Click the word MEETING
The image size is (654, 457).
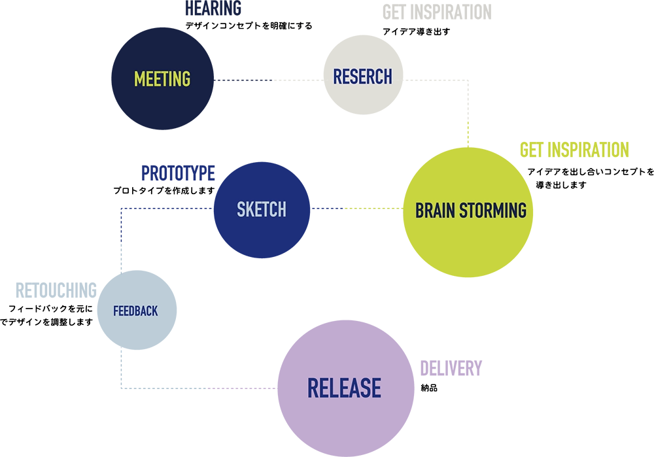[x=162, y=79]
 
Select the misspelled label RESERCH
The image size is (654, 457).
[x=362, y=77]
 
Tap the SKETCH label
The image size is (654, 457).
[x=262, y=210]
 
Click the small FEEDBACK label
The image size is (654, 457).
[x=135, y=311]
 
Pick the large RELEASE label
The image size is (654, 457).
[x=344, y=388]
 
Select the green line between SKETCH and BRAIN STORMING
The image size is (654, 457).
[x=373, y=207]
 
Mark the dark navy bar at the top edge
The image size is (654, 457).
[x=282, y=7]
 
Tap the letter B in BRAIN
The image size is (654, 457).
[x=420, y=211]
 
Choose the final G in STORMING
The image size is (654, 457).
[x=521, y=211]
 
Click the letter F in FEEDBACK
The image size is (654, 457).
[x=116, y=311]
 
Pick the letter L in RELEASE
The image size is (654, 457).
[x=332, y=388]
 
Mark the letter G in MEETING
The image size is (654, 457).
[x=186, y=79]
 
